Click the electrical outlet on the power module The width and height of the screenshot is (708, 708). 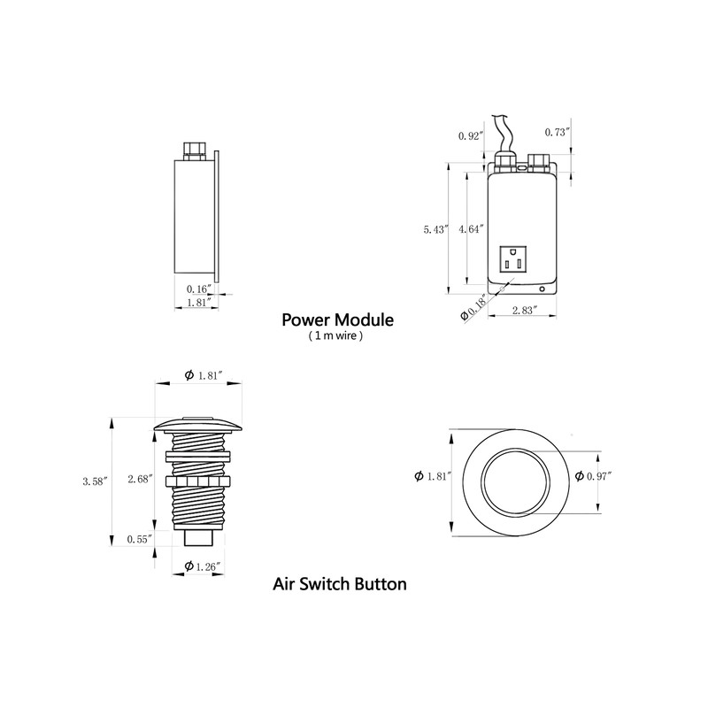[x=512, y=260]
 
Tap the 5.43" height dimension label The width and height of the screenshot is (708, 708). [x=437, y=229]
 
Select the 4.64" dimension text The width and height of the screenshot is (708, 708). [x=471, y=229]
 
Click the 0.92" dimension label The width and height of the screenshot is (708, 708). [x=470, y=136]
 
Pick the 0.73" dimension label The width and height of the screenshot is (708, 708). [x=557, y=131]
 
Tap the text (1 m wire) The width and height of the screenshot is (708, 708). [x=335, y=336]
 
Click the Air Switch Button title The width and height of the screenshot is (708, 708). [x=340, y=584]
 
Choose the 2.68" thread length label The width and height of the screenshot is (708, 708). [x=141, y=479]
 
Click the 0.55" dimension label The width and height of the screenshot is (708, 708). [x=139, y=538]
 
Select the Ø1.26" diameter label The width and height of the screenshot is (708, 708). [x=202, y=566]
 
